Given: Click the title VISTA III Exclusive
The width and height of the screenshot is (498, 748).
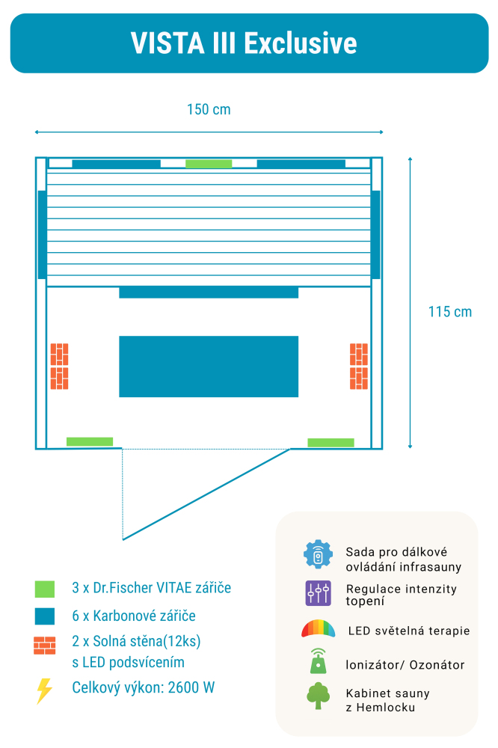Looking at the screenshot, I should (x=244, y=43).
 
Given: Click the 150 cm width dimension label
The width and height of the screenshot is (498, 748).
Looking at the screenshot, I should (x=209, y=110).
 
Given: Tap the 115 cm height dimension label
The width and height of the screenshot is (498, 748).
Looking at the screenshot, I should (x=450, y=312).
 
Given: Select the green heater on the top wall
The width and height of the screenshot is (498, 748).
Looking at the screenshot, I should (x=209, y=164).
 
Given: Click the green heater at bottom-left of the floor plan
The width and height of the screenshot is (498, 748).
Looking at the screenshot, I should (x=90, y=441).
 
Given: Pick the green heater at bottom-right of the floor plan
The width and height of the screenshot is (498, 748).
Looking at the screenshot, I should (x=331, y=442).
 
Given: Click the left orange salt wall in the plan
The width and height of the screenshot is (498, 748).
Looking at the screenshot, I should (x=60, y=367).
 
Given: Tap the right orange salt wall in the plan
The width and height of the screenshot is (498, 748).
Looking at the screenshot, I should (x=359, y=367).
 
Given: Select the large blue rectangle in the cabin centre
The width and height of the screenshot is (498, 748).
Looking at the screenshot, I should (x=209, y=367).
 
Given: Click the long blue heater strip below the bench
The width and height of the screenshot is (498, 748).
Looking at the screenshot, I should (x=209, y=292).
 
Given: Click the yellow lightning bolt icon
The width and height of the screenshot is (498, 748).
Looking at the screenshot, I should (x=44, y=690).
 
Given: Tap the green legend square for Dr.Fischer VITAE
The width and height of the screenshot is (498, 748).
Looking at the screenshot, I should (x=45, y=589).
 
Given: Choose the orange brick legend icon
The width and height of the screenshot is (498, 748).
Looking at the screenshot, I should (x=45, y=646).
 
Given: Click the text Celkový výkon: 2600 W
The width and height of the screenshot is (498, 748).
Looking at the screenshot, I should (x=144, y=687).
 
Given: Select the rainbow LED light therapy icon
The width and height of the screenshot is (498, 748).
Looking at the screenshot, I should (x=318, y=630).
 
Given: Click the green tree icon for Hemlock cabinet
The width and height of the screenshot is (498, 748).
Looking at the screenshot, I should (x=318, y=696).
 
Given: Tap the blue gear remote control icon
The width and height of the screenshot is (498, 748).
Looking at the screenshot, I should (x=318, y=554).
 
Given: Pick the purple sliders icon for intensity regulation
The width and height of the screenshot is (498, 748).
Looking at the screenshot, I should (x=318, y=593).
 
